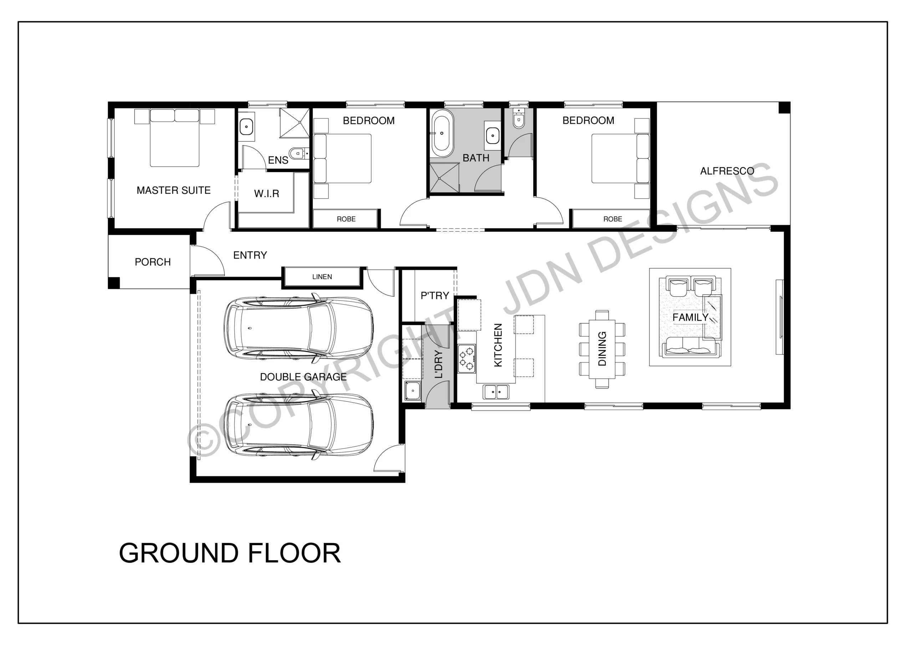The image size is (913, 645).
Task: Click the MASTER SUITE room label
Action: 173,190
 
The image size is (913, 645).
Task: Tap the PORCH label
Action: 153,262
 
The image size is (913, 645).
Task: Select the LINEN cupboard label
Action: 322,277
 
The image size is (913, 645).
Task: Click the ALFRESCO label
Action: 727,171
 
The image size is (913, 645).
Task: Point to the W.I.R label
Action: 266,194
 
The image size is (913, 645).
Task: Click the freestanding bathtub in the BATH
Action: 442,133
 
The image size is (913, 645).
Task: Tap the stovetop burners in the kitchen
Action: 466,358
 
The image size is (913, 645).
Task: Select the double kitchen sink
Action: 496,392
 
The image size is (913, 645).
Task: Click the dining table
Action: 602,349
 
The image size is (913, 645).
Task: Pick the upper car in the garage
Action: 299,328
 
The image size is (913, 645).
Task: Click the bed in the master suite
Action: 174,138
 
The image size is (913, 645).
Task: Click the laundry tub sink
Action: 413,390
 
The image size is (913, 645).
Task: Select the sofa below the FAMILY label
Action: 690,347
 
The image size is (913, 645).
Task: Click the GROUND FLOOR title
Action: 230,553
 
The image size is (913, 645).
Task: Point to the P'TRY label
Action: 435,296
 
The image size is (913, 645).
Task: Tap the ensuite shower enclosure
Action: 294,123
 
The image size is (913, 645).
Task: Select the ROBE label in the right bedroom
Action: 612,219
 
